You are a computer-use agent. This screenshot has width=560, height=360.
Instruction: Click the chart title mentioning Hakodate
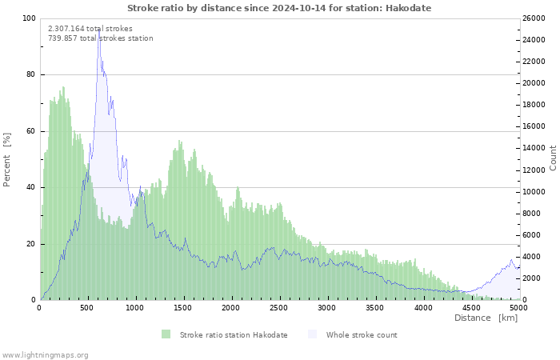tap(279, 7)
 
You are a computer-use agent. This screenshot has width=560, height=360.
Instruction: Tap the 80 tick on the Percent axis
tap(30, 74)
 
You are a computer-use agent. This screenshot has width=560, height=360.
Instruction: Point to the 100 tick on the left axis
tap(29, 18)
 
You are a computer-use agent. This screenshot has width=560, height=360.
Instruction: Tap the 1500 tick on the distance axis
tap(183, 307)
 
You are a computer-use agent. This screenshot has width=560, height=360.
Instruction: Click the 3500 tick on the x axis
tap(374, 307)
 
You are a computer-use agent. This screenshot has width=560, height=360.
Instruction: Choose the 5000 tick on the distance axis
tap(518, 307)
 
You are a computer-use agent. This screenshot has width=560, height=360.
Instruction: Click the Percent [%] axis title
tap(7, 159)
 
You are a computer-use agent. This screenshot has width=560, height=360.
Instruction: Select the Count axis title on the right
tap(553, 158)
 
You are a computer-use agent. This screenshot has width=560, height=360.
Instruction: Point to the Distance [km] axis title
tap(486, 318)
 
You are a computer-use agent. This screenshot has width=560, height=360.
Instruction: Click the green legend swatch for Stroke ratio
tap(166, 334)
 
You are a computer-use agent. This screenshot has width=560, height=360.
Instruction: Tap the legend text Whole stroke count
tap(362, 334)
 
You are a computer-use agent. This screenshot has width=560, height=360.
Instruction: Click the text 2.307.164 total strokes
tap(90, 28)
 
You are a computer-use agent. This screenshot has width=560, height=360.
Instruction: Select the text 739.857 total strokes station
tap(101, 38)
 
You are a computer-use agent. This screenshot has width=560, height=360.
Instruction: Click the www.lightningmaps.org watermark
tap(45, 354)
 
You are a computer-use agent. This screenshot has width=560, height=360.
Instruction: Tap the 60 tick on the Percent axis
tap(30, 131)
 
